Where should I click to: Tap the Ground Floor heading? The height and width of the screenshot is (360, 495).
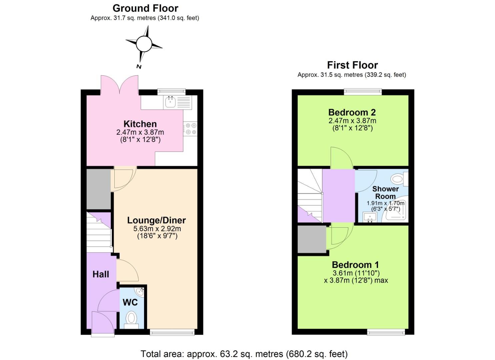point(145,8)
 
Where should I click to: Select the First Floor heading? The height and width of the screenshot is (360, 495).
point(352,65)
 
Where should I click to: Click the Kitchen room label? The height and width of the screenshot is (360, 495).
point(140,124)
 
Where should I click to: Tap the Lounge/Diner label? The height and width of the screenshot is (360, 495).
point(156,220)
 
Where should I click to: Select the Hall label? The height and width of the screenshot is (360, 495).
point(101,274)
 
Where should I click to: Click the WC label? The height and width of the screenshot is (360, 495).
point(130,302)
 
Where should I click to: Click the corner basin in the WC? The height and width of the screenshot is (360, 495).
point(141,292)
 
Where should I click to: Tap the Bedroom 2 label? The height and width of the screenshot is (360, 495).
point(352,112)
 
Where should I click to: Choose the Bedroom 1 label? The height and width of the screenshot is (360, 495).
point(355,265)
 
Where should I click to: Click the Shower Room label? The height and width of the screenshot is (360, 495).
point(385,193)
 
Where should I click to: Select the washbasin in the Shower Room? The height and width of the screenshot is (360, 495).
point(370,217)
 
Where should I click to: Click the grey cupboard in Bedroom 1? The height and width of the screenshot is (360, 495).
point(312,239)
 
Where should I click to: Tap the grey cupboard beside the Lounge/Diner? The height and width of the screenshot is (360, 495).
point(98,189)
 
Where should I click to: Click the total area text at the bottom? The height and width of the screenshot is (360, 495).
point(244,354)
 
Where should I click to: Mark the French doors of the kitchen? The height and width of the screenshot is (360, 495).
point(119,85)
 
